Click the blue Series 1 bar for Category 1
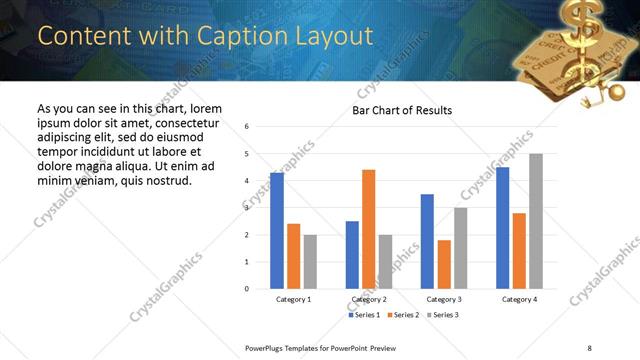coord(277,231)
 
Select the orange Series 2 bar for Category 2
coord(368,229)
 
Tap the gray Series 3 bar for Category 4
coord(536,221)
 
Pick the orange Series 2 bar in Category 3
coord(444,264)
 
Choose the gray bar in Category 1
coord(310,261)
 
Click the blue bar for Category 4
coord(502,228)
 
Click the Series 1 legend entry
coord(363,315)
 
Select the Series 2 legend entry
coord(402,315)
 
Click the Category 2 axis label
coord(368,299)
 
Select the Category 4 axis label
coord(519,299)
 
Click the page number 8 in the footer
coord(590,347)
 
